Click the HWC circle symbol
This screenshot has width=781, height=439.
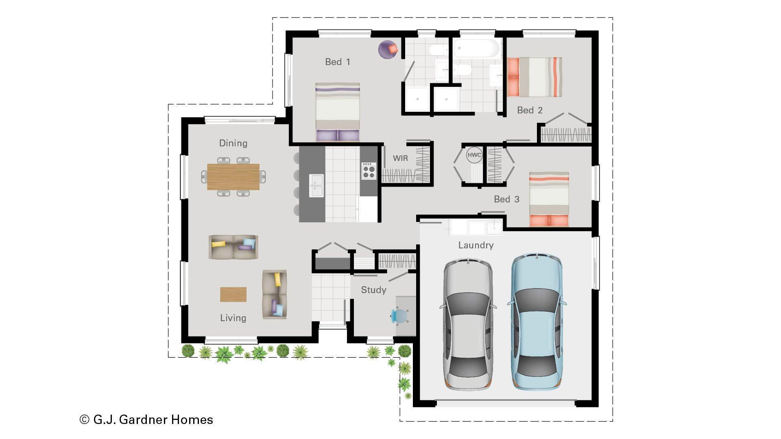(474, 155)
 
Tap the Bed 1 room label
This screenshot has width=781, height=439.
(337, 62)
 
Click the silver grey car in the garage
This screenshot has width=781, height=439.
(468, 324)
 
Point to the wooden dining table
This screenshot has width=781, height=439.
(233, 177)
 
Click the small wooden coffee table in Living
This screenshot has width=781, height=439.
(233, 294)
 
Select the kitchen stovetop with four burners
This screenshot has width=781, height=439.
(369, 171)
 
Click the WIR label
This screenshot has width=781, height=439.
(400, 159)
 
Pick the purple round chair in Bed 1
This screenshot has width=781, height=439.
(388, 49)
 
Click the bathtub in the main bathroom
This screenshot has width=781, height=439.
(476, 49)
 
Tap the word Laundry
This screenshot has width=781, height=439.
(476, 245)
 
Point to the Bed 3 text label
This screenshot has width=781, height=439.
(506, 199)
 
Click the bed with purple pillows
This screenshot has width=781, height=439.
(337, 112)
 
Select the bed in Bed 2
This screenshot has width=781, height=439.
(534, 77)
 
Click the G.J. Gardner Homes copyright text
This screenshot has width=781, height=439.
(146, 419)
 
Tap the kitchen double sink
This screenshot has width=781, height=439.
(316, 185)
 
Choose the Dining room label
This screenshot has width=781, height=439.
(233, 143)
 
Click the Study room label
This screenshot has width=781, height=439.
(373, 290)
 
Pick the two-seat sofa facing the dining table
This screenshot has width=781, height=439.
(233, 247)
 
